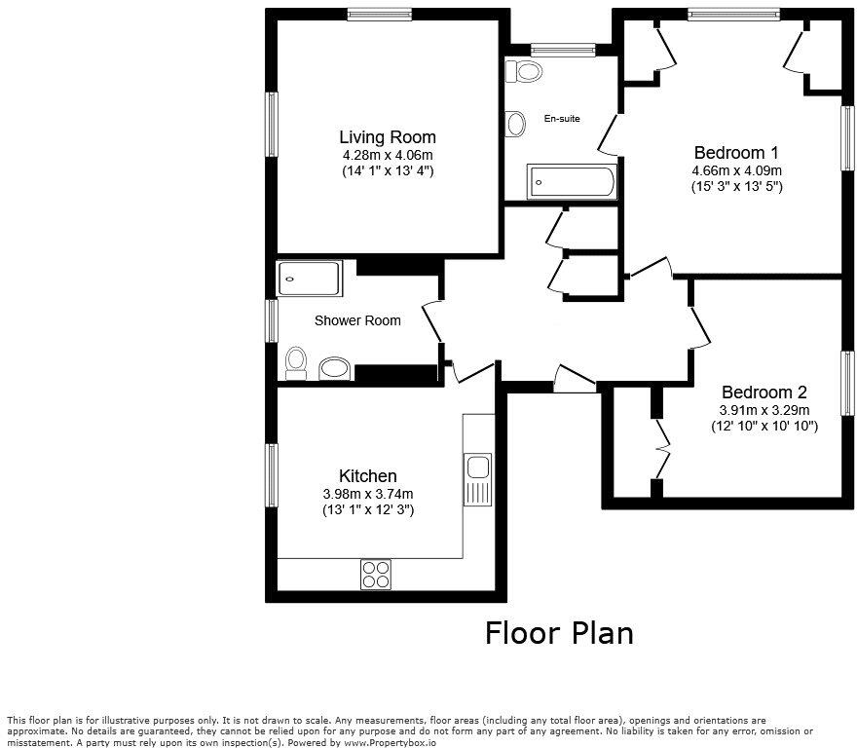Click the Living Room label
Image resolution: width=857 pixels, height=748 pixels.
tap(387, 137)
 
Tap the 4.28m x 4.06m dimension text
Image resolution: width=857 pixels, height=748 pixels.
tap(387, 155)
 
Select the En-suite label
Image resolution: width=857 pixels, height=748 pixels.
tap(562, 119)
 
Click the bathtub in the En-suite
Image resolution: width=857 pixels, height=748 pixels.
tap(572, 182)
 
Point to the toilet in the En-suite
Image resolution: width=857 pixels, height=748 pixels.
tap(527, 71)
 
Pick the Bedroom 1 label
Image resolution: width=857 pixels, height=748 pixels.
tap(736, 153)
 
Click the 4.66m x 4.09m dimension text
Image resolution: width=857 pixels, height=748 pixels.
tap(736, 169)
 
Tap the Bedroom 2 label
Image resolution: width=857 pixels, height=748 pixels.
tap(764, 393)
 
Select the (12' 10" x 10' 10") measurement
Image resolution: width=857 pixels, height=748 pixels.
tap(764, 426)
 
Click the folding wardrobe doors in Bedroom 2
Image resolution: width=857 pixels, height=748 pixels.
tap(662, 448)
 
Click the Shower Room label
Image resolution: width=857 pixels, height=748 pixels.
tap(357, 320)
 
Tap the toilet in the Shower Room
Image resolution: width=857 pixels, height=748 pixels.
tap(296, 363)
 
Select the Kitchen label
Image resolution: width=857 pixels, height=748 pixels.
tap(367, 476)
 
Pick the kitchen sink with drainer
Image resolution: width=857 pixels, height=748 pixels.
tap(477, 480)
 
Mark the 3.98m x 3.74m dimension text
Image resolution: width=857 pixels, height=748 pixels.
tap(367, 494)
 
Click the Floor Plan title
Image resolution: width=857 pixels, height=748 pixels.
tap(559, 633)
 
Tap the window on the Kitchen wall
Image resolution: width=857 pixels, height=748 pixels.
tap(272, 470)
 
